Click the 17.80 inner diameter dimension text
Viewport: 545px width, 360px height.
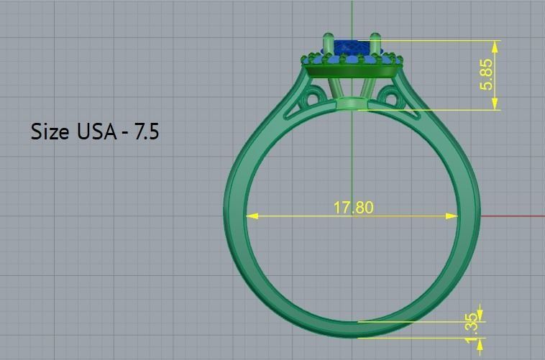pyautogui.click(x=353, y=208)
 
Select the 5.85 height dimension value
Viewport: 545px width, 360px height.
pyautogui.click(x=487, y=74)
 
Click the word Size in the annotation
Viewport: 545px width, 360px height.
pyautogui.click(x=51, y=131)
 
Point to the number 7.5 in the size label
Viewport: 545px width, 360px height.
pyautogui.click(x=146, y=131)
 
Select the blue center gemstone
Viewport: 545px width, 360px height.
pyautogui.click(x=352, y=47)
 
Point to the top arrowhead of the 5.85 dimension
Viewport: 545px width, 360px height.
pyautogui.click(x=495, y=45)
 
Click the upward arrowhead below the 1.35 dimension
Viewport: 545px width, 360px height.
pyautogui.click(x=480, y=342)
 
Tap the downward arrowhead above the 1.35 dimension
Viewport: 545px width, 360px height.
pyautogui.click(x=480, y=317)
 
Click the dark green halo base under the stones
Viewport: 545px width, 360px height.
pyautogui.click(x=352, y=71)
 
